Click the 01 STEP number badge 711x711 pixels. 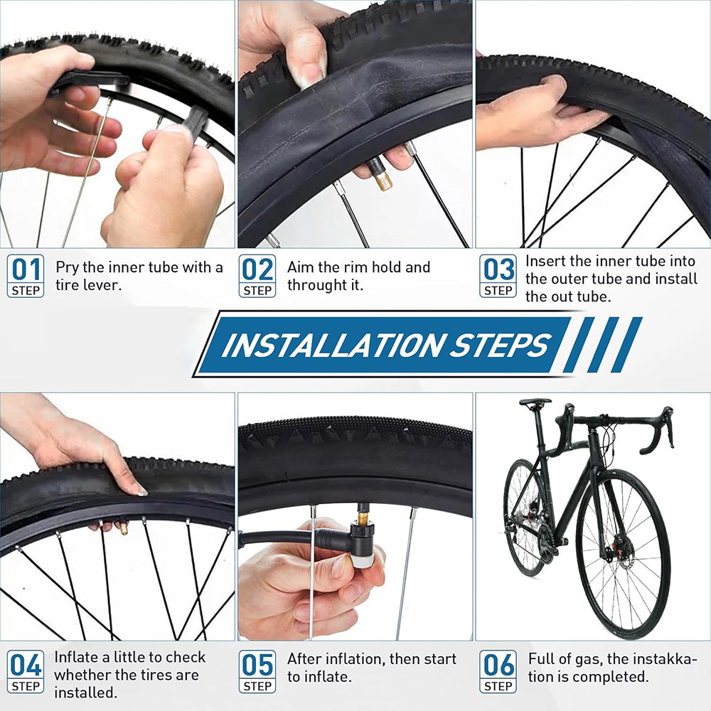pyautogui.click(x=26, y=276)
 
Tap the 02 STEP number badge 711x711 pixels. pyautogui.click(x=257, y=276)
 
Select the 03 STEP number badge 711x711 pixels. pyautogui.click(x=498, y=276)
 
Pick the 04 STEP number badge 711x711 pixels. pyautogui.click(x=26, y=671)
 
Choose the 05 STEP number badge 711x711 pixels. pyautogui.click(x=257, y=671)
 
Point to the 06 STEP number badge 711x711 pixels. pyautogui.click(x=498, y=671)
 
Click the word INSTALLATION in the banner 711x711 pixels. pyautogui.click(x=331, y=345)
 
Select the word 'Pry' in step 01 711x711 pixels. pyautogui.click(x=68, y=267)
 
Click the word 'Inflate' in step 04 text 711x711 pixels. pyautogui.click(x=76, y=657)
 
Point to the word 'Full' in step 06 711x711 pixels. pyautogui.click(x=541, y=659)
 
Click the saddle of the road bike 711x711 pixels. pyautogui.click(x=535, y=402)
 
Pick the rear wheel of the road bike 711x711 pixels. pyautogui.click(x=525, y=517)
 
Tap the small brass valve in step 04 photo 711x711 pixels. pyautogui.click(x=122, y=528)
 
